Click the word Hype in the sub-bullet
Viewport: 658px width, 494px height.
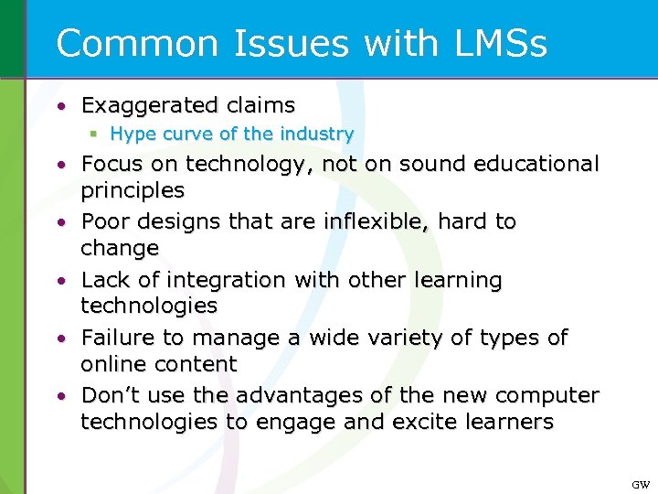133,134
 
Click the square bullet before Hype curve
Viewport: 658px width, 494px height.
94,134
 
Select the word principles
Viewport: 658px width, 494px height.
133,190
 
